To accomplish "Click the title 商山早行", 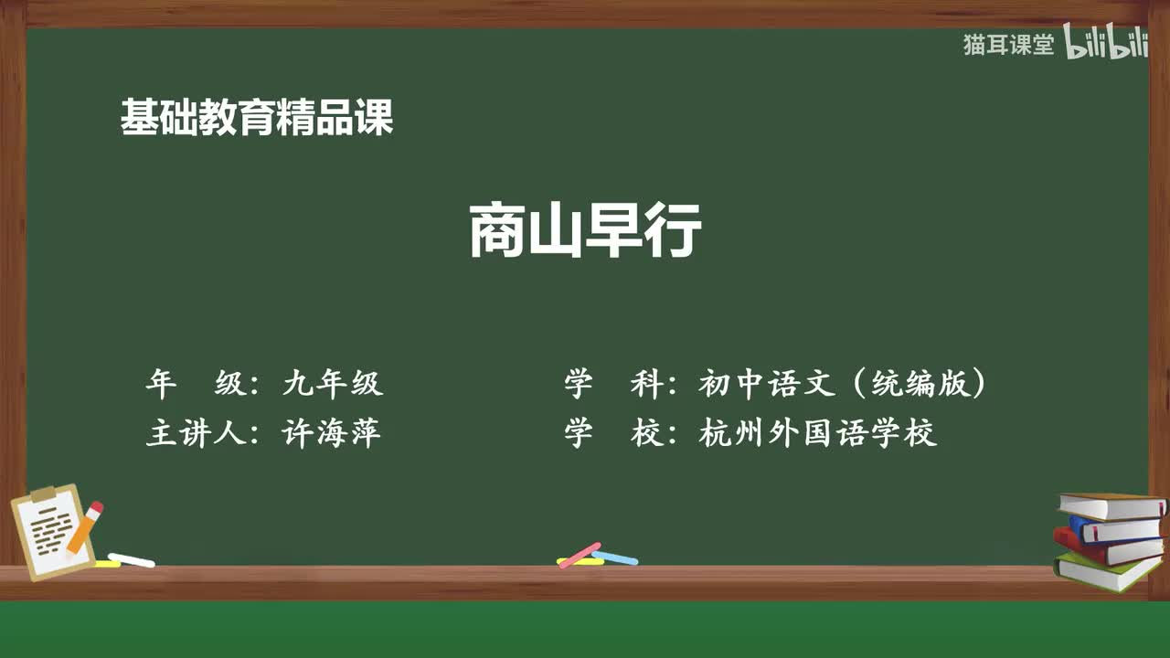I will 585,231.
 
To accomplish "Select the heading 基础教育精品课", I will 257,119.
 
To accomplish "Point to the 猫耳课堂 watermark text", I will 1008,44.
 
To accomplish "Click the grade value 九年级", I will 333,384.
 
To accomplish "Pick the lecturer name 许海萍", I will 333,432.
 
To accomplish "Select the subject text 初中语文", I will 767,384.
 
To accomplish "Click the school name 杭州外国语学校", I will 818,432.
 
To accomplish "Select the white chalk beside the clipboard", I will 132,559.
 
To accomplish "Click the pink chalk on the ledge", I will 580,555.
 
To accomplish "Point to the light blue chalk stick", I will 615,557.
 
